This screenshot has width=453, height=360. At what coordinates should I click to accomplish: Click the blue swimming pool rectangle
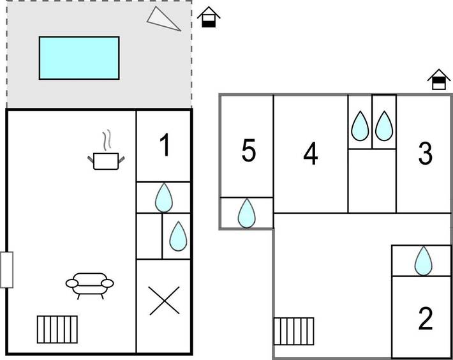click(79, 57)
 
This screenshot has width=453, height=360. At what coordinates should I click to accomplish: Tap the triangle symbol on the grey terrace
click(165, 19)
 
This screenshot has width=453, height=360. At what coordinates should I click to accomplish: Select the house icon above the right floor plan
click(438, 80)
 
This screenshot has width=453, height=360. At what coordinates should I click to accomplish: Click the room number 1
click(165, 146)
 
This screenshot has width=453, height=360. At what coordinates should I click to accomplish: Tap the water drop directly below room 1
click(164, 197)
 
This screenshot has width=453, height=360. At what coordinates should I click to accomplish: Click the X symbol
click(164, 301)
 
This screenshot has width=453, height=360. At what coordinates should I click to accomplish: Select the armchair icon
click(89, 285)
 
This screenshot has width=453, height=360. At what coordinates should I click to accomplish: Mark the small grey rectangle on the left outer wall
click(6, 269)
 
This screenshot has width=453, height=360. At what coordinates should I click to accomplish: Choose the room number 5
click(249, 152)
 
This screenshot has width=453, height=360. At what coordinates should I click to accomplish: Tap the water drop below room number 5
click(246, 213)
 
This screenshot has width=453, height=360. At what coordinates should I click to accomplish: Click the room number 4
click(311, 154)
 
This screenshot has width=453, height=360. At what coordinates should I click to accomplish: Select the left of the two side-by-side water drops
click(360, 126)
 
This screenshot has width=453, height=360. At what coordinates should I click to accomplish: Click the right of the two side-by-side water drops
click(383, 126)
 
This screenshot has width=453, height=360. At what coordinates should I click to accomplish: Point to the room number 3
click(425, 154)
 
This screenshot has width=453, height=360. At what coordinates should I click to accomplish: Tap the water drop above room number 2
click(422, 260)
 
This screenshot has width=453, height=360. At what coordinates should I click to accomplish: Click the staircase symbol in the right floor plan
click(294, 331)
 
